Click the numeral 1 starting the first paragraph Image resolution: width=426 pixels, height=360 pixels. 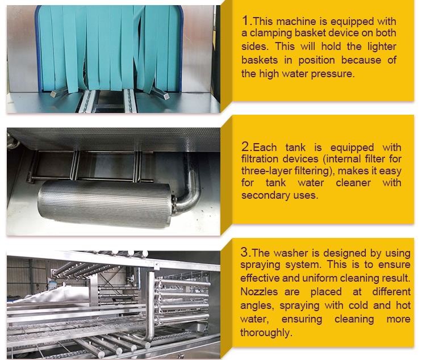(245, 21)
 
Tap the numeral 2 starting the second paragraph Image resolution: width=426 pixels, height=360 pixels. (245, 147)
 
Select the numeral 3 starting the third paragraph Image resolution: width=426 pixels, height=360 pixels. (244, 253)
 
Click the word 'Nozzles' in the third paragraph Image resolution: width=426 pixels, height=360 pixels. (259, 292)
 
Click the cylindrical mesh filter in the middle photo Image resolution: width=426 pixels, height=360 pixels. (105, 203)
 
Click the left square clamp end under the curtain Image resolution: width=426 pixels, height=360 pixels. (53, 94)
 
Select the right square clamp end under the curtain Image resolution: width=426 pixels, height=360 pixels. (166, 95)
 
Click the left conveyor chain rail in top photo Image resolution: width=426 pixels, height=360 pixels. (87, 101)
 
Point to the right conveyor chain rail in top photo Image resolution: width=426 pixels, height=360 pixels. (130, 101)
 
